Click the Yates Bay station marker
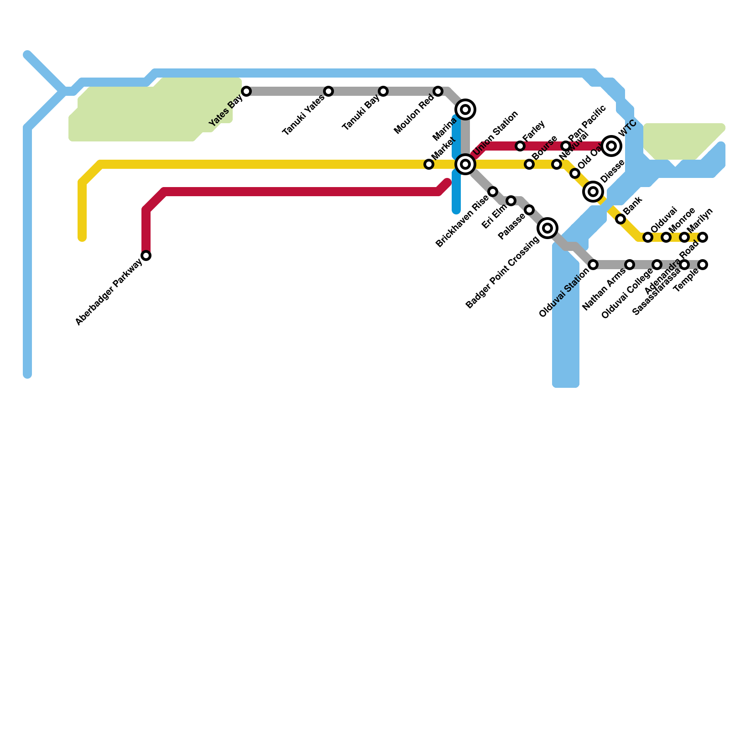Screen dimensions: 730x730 pyautogui.click(x=246, y=91)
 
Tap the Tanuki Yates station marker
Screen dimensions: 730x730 pyautogui.click(x=328, y=91)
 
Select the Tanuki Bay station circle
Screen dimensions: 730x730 pyautogui.click(x=383, y=91)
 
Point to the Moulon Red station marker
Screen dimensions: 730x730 pyautogui.click(x=438, y=91)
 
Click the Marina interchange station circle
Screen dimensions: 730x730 pyautogui.click(x=465, y=109)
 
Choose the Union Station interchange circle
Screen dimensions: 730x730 pyautogui.click(x=465, y=164)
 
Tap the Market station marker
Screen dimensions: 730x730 pyautogui.click(x=429, y=164)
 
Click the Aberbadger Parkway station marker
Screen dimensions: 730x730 pyautogui.click(x=146, y=255)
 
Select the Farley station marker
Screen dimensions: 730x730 pyautogui.click(x=520, y=146)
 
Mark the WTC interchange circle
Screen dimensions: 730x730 pyautogui.click(x=611, y=146)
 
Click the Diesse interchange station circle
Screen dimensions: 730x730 pyautogui.click(x=593, y=192)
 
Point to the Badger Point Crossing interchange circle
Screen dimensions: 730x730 pyautogui.click(x=547, y=228)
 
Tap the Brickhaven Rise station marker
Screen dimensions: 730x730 pyautogui.click(x=493, y=192)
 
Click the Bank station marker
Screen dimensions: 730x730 pyautogui.click(x=620, y=219)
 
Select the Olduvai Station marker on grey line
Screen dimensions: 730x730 pyautogui.click(x=593, y=265)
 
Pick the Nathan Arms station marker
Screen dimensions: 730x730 pyautogui.click(x=630, y=265)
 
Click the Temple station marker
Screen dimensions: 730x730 pyautogui.click(x=703, y=265)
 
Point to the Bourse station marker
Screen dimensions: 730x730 pyautogui.click(x=529, y=164)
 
